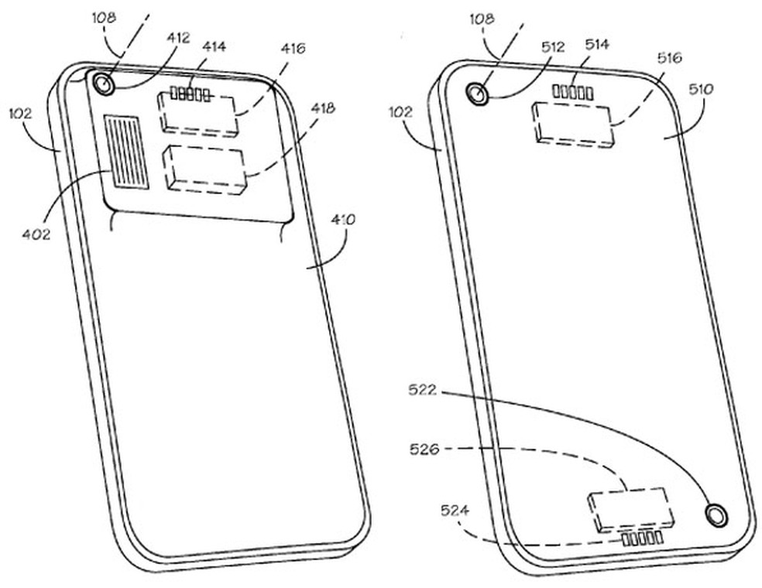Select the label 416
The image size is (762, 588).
click(292, 49)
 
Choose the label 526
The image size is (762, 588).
click(424, 448)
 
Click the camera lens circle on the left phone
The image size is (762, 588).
click(102, 83)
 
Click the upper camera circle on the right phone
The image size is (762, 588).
click(476, 94)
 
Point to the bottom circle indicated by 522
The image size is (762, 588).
click(716, 514)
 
